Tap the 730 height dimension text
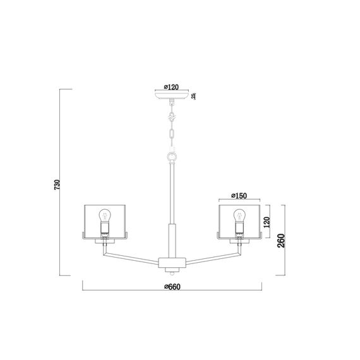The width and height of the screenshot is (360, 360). click(57, 186)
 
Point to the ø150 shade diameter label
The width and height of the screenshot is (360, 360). click(239, 195)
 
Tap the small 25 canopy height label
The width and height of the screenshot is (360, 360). click(193, 96)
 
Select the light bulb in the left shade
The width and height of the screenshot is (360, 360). click(105, 217)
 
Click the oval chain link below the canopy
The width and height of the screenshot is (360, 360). click(171, 135)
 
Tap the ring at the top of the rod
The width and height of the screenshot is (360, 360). click(171, 156)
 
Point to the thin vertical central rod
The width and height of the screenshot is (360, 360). click(171, 189)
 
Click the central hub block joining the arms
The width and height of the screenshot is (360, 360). click(171, 262)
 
